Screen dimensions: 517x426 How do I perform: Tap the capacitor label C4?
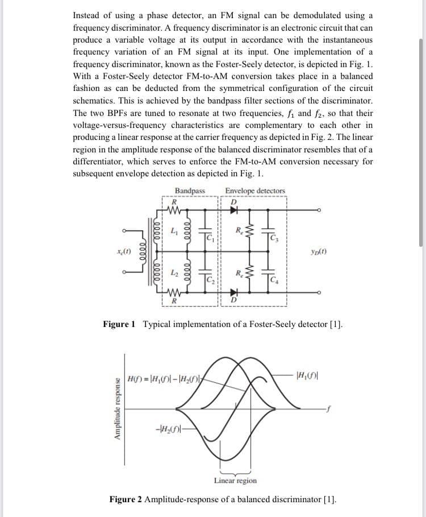click(x=275, y=278)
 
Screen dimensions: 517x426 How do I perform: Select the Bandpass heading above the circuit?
click(x=190, y=191)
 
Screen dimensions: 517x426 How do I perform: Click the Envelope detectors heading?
click(x=255, y=191)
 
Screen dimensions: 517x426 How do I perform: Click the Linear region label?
click(x=235, y=481)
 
